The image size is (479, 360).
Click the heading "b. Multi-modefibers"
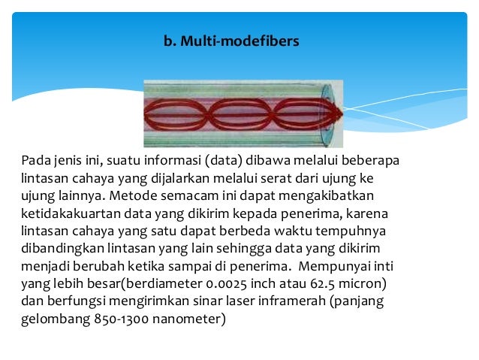tap(231, 41)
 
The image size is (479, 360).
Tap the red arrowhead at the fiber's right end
tap(336, 115)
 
